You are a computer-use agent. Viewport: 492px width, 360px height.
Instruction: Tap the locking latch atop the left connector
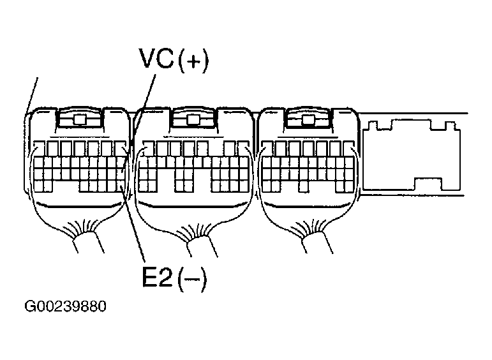80,119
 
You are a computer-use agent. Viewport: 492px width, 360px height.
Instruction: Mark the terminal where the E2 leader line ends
121,185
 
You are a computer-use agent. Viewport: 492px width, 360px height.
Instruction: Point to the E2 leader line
135,230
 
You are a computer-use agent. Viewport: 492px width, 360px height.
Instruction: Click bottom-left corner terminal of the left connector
39,185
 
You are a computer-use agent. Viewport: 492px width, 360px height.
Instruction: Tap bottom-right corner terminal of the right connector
347,185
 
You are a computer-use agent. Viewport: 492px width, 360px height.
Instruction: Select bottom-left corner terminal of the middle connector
144,185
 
